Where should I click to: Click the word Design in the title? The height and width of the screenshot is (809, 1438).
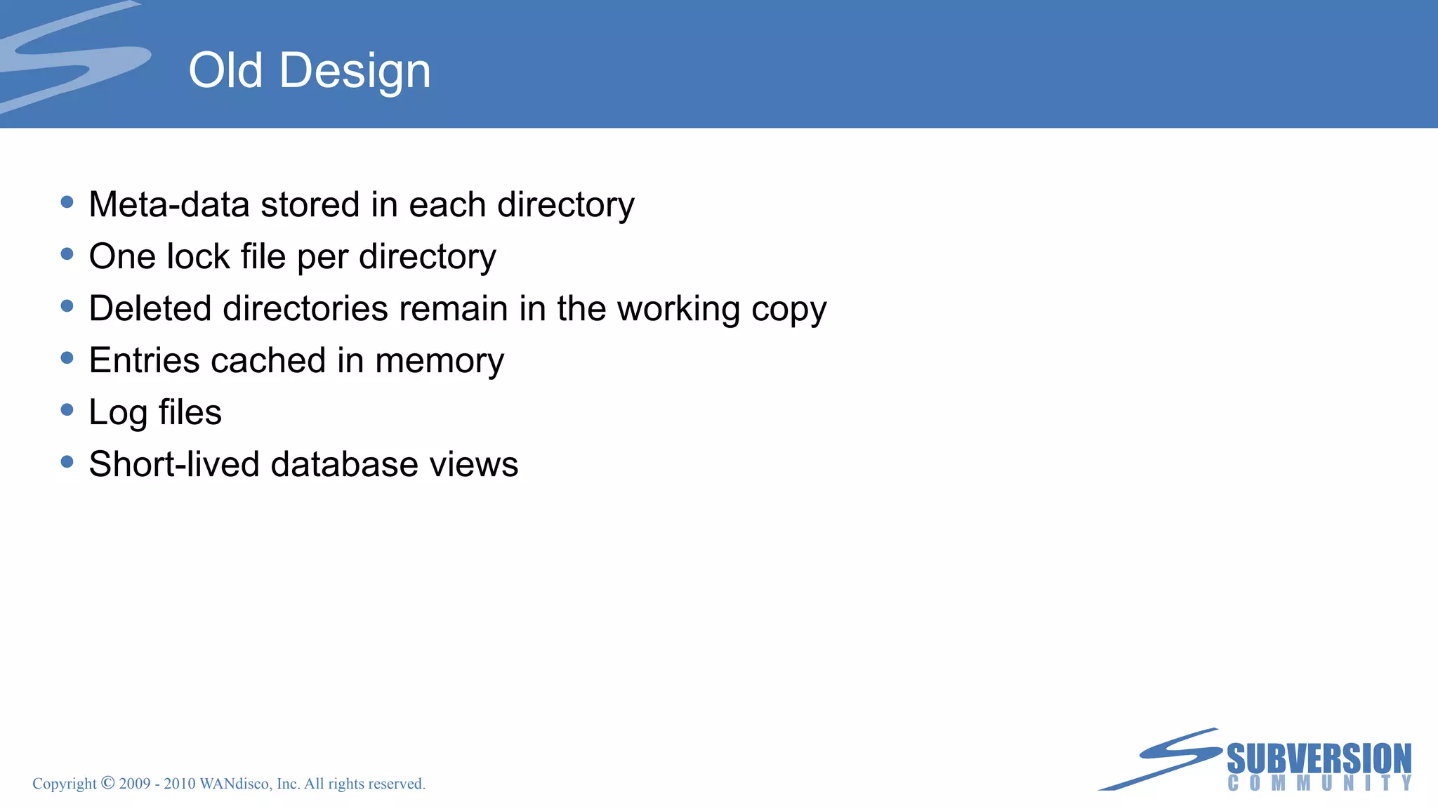[x=355, y=72]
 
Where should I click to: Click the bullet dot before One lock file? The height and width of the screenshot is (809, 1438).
[x=67, y=254]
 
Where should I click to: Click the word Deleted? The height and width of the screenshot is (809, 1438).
[x=150, y=308]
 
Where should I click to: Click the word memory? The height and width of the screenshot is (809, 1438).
[x=440, y=362]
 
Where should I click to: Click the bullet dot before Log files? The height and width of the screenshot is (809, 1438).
[x=67, y=410]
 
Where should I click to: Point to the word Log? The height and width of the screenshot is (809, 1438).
[x=117, y=413]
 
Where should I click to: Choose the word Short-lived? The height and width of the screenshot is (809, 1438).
[x=174, y=464]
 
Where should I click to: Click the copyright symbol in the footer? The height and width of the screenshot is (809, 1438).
[x=107, y=783]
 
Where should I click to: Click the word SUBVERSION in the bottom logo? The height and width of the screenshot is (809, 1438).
[x=1319, y=758]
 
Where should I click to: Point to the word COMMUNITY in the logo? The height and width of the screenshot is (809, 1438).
[x=1319, y=783]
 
